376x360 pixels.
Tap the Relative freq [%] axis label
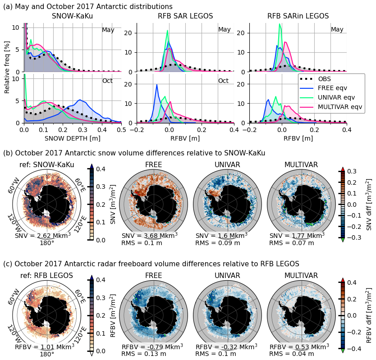pos(7,72)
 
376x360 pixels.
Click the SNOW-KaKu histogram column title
pos(73,16)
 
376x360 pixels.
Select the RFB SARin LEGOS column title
pos(298,16)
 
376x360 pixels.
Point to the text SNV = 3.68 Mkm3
pos(150,236)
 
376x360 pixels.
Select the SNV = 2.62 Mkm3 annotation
pos(43,236)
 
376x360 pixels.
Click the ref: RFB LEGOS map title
pos(47,276)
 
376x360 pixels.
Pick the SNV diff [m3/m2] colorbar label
pos(369,204)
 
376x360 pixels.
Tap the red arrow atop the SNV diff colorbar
pos(343,169)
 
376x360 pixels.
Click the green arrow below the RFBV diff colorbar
pos(343,351)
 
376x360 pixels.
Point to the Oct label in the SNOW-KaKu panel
pos(108,81)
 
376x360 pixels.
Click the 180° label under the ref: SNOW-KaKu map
pos(47,243)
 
